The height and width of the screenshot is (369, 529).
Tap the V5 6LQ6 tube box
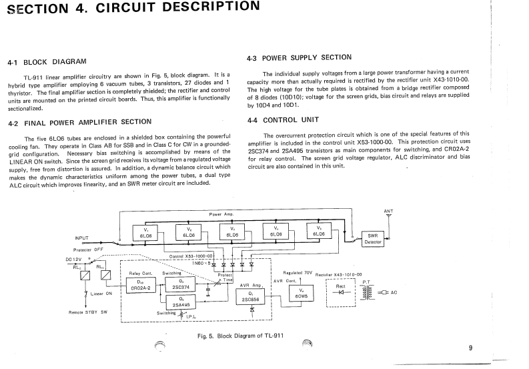click(x=319, y=232)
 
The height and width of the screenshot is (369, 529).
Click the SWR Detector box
click(x=374, y=239)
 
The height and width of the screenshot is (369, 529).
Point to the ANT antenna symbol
click(x=388, y=216)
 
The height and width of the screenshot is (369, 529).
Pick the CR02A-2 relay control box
click(x=139, y=284)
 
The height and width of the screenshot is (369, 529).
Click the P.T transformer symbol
click(x=366, y=292)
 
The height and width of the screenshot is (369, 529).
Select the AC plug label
click(x=394, y=292)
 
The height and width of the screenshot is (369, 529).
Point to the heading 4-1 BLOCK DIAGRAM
click(x=47, y=62)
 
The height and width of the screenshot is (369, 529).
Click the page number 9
click(x=470, y=348)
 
